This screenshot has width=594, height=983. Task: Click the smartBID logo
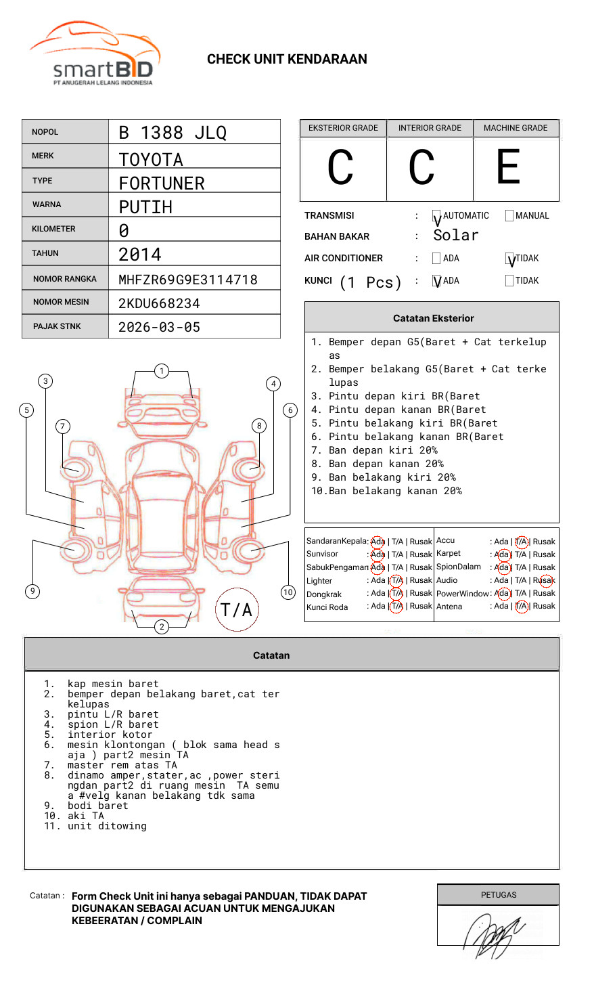[x=95, y=54]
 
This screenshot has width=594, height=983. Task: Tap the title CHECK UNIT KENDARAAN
[x=287, y=60]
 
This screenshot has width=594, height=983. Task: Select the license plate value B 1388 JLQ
[x=173, y=133]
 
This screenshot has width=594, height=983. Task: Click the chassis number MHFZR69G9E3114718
[x=188, y=280]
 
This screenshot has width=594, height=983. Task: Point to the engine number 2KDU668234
[x=159, y=303]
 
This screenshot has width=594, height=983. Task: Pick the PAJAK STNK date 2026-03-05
[x=159, y=327]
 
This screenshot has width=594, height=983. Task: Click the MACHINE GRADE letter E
[x=509, y=167]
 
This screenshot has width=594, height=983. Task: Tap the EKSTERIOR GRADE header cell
[x=343, y=128]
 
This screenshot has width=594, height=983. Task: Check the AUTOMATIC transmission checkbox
[x=436, y=216]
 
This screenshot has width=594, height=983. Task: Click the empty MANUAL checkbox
[x=509, y=216]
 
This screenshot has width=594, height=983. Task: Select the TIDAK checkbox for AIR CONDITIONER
[x=509, y=259]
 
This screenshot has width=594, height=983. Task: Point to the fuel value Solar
[x=455, y=236]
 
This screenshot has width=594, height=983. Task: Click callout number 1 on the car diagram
[x=161, y=371]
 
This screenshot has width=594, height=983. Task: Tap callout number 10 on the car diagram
[x=288, y=592]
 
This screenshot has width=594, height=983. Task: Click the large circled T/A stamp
[x=237, y=609]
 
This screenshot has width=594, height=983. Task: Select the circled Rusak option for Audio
[x=545, y=580]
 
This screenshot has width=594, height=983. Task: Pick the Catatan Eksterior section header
[x=433, y=318]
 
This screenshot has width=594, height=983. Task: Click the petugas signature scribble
[x=494, y=934]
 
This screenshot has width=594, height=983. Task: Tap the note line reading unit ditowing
[x=107, y=826]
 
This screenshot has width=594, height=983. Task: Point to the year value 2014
[x=140, y=255]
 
